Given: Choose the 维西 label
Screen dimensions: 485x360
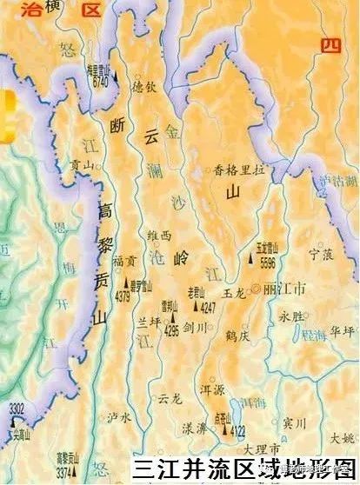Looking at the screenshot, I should click(x=161, y=235).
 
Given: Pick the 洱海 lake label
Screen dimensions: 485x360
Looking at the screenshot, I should click(x=253, y=403).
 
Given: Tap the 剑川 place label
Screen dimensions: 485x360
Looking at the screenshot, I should click(x=197, y=328).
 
